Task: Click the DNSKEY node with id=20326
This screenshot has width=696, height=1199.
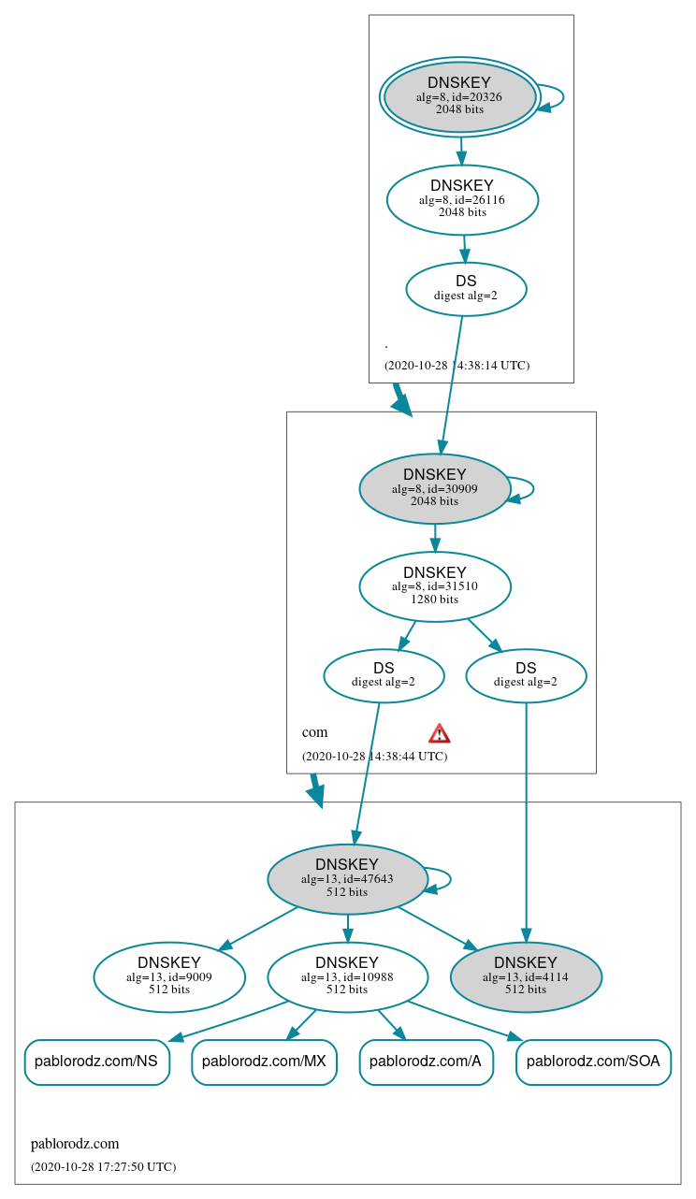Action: [459, 97]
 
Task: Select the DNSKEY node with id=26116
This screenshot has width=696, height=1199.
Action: [462, 199]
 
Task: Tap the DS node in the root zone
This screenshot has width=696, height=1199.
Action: [466, 289]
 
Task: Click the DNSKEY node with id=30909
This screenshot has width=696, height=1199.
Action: [434, 488]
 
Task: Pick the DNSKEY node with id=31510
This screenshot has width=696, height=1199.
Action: [434, 586]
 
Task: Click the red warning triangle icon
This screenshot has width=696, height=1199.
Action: [439, 733]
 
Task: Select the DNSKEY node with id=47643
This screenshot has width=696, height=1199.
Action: [347, 879]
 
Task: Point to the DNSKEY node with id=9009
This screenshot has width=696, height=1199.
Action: [169, 976]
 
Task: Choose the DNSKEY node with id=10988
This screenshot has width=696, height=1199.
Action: [347, 976]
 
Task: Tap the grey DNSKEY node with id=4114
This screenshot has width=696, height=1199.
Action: [526, 976]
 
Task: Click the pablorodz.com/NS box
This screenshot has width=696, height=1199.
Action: [96, 1062]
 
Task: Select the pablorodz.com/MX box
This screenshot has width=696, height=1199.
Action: [264, 1062]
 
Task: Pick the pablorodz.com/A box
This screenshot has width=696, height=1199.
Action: [426, 1062]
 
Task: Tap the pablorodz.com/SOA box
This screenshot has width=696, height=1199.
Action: [593, 1062]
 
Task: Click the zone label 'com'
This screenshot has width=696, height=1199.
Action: [314, 732]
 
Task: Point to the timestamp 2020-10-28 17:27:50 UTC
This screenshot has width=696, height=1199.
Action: [103, 1166]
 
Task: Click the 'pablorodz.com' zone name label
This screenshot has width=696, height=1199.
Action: [75, 1144]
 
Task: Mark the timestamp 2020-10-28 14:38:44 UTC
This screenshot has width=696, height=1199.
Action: [374, 756]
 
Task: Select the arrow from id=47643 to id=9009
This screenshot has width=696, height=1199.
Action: [258, 929]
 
